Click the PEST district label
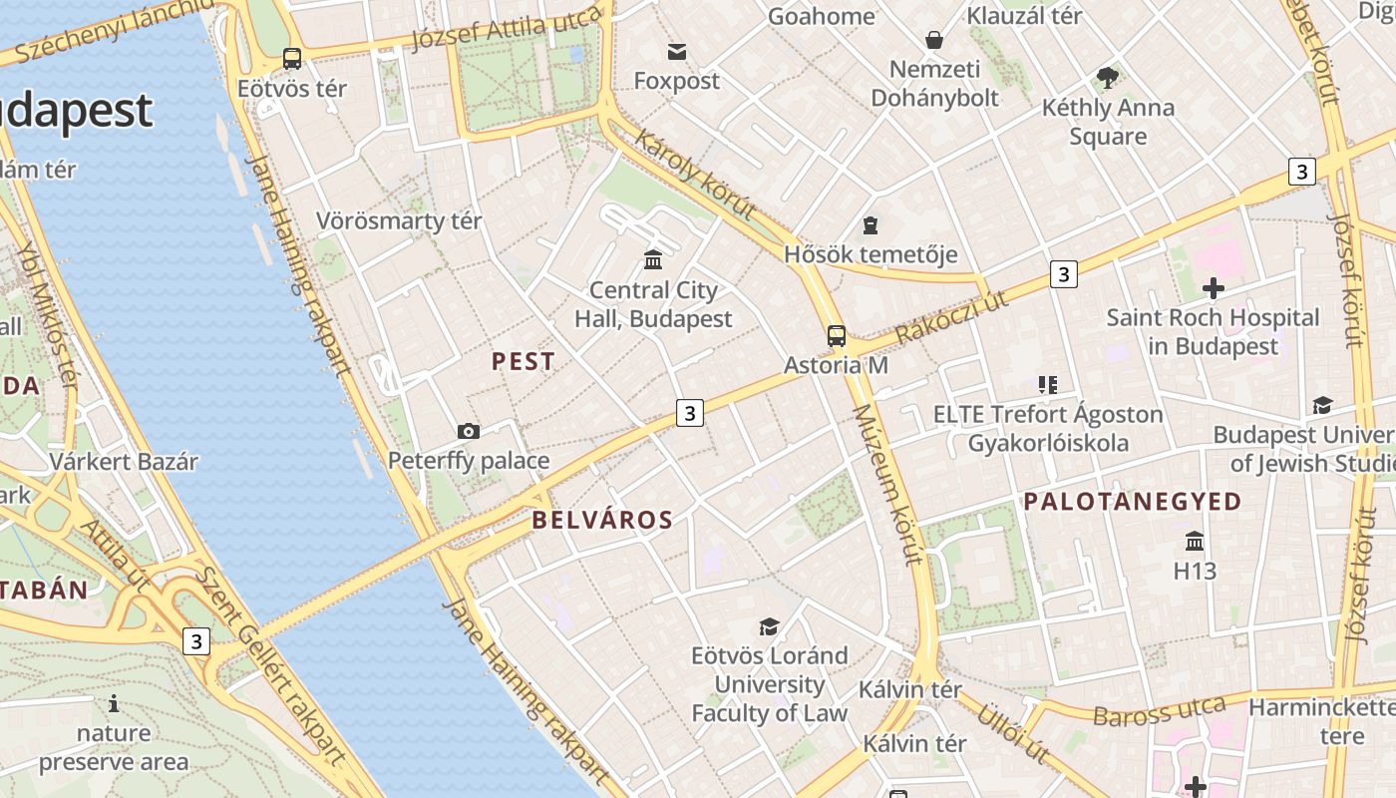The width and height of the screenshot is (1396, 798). [523, 362]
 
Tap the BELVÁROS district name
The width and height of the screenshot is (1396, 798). [602, 520]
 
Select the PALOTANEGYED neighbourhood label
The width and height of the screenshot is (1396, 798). [1133, 502]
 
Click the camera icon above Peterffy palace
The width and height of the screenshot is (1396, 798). [469, 431]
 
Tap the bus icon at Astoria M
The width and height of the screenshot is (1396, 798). [837, 336]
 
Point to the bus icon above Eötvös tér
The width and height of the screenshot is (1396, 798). [292, 59]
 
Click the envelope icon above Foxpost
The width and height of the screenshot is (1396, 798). [677, 51]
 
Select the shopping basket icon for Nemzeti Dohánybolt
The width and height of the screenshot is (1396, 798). [934, 40]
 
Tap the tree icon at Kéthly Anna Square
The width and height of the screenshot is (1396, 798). [1107, 77]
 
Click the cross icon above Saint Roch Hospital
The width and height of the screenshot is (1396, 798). [1213, 289]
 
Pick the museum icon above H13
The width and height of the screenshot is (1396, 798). [1195, 542]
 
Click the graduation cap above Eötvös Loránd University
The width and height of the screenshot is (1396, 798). [769, 626]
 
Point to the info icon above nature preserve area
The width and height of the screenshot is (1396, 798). [114, 704]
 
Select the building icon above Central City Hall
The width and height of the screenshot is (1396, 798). [653, 260]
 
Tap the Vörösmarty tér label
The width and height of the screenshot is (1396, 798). [399, 221]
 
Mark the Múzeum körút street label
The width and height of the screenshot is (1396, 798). [885, 485]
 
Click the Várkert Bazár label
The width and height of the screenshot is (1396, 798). [125, 462]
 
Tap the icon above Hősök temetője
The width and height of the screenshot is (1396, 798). [871, 225]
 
